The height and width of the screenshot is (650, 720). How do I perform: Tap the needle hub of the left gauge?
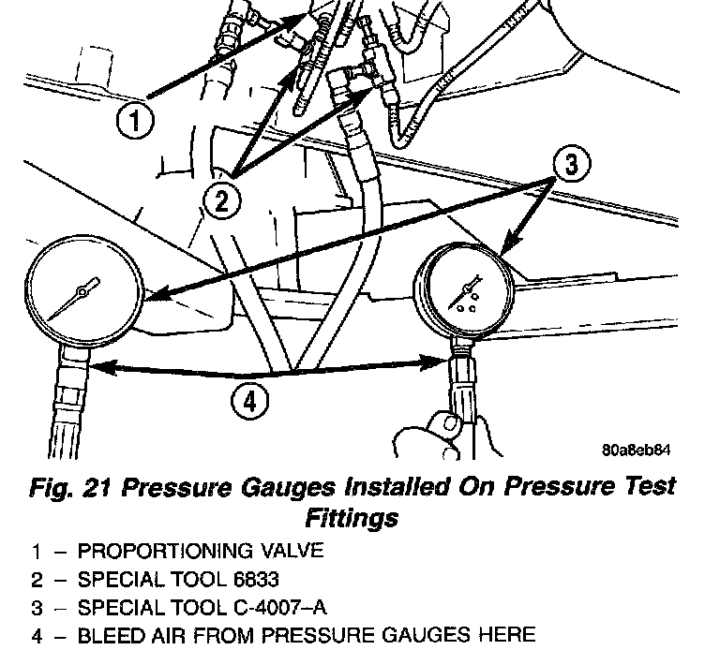(82, 292)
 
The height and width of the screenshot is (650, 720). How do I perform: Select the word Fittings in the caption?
(352, 516)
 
